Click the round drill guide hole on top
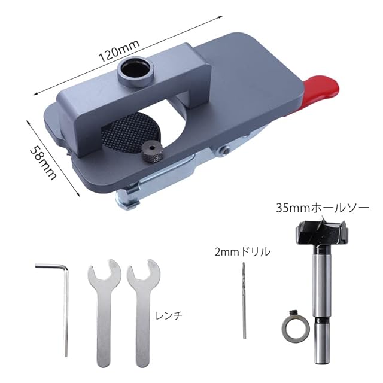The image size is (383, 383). point(135,71)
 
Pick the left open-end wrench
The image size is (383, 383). point(104,310)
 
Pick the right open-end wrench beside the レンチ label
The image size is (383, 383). point(144,310)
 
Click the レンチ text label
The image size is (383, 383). point(169,316)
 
